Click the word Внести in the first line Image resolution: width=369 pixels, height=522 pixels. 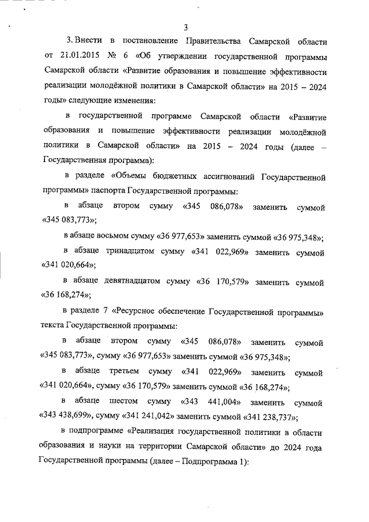pos(88,42)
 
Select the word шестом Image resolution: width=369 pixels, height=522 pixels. pos(122,401)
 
